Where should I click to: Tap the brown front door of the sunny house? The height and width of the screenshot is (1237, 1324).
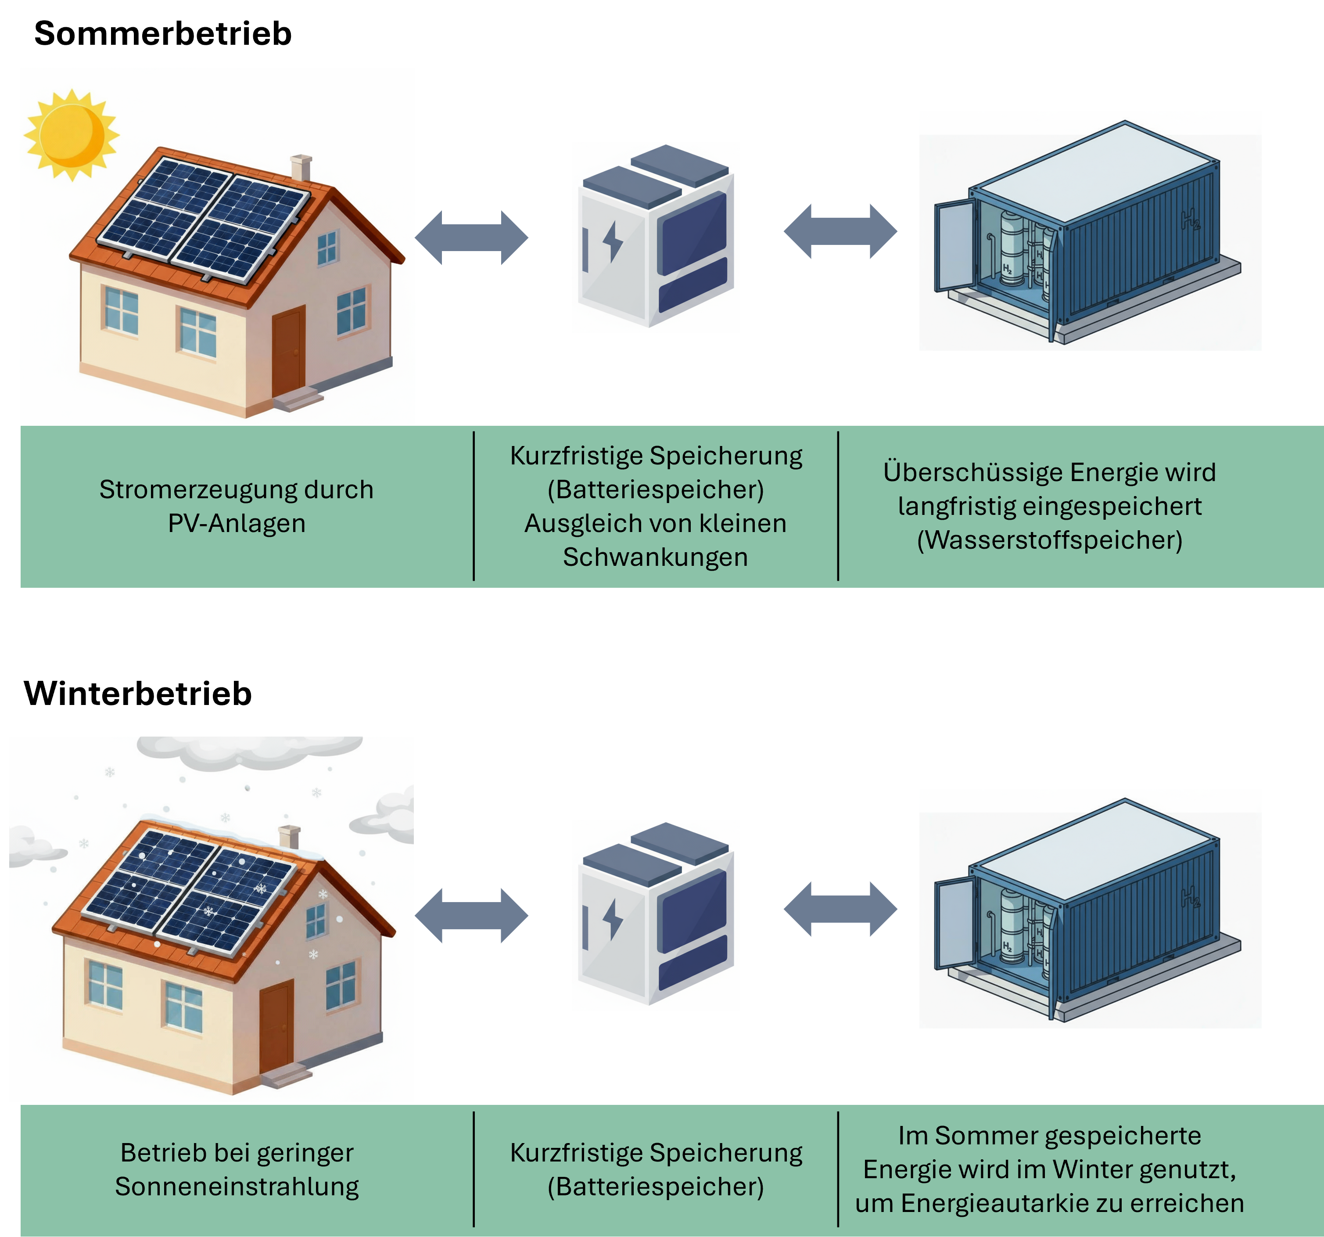click(288, 352)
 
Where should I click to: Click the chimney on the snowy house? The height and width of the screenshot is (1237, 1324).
click(289, 837)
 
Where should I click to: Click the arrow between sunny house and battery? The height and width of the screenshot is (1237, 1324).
click(471, 238)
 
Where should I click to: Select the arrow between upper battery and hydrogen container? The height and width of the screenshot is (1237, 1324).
click(840, 231)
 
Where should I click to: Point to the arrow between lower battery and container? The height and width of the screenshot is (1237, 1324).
click(840, 909)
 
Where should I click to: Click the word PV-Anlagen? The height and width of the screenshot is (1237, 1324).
click(237, 524)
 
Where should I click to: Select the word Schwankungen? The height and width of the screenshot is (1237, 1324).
click(655, 557)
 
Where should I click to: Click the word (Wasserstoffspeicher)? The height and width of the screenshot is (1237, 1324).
click(1050, 540)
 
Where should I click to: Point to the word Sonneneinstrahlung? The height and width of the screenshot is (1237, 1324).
click(237, 1187)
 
